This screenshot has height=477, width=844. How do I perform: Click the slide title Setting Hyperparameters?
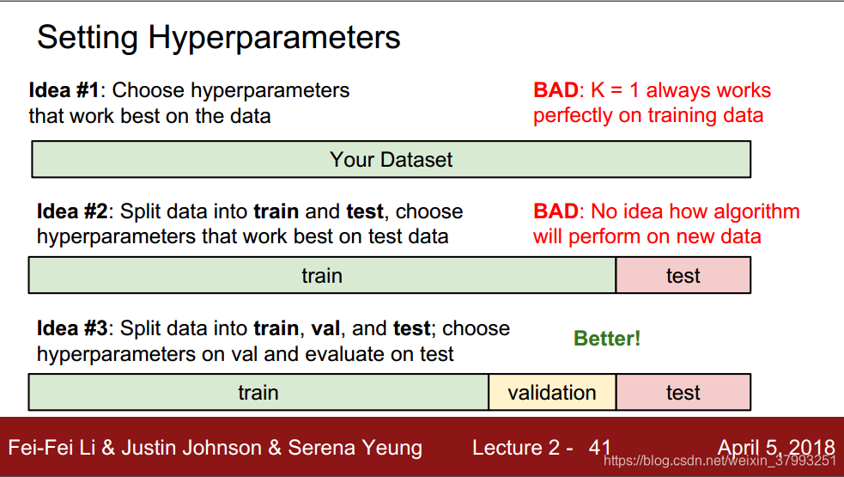pyautogui.click(x=219, y=38)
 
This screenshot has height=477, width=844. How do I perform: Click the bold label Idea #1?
pyautogui.click(x=64, y=90)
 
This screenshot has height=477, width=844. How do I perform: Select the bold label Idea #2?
pyautogui.click(x=72, y=211)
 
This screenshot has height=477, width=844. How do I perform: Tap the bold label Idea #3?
pyautogui.click(x=72, y=328)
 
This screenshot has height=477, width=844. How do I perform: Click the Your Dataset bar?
pyautogui.click(x=392, y=160)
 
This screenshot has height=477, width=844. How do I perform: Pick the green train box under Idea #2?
pyautogui.click(x=322, y=275)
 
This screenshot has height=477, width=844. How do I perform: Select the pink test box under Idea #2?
pyautogui.click(x=683, y=275)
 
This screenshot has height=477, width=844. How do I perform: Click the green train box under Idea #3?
pyautogui.click(x=258, y=393)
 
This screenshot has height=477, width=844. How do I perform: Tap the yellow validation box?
pyautogui.click(x=552, y=393)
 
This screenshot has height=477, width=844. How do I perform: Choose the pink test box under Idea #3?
pyautogui.click(x=683, y=393)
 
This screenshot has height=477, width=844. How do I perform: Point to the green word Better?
pyautogui.click(x=607, y=339)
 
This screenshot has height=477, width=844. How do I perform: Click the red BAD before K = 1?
pyautogui.click(x=556, y=90)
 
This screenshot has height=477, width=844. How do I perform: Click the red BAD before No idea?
pyautogui.click(x=556, y=211)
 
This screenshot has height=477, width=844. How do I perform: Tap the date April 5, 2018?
pyautogui.click(x=776, y=448)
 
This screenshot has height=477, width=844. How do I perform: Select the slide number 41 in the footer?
pyautogui.click(x=599, y=448)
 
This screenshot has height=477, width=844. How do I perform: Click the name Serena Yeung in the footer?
pyautogui.click(x=355, y=448)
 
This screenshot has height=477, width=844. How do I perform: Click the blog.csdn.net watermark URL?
pyautogui.click(x=720, y=461)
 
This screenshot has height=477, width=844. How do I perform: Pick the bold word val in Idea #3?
pyautogui.click(x=325, y=328)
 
